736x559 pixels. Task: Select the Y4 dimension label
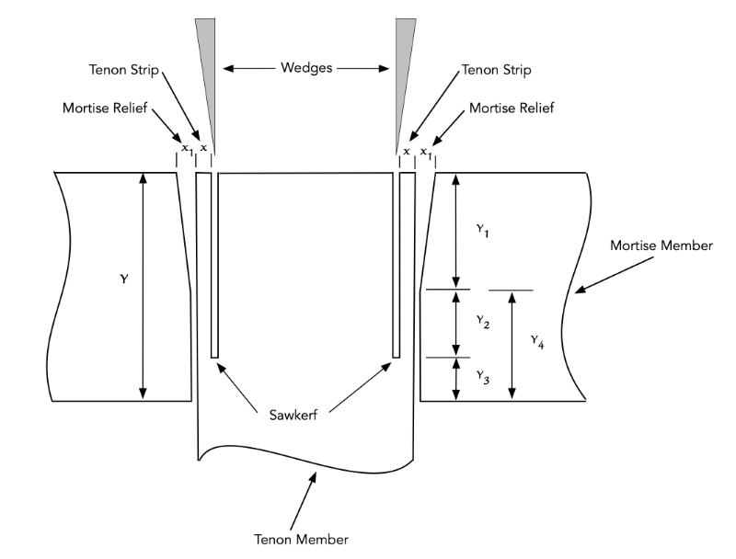coord(538,341)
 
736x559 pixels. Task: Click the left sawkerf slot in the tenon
coord(214,267)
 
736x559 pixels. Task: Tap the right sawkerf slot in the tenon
coord(397,267)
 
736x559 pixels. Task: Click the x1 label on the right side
coord(424,150)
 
